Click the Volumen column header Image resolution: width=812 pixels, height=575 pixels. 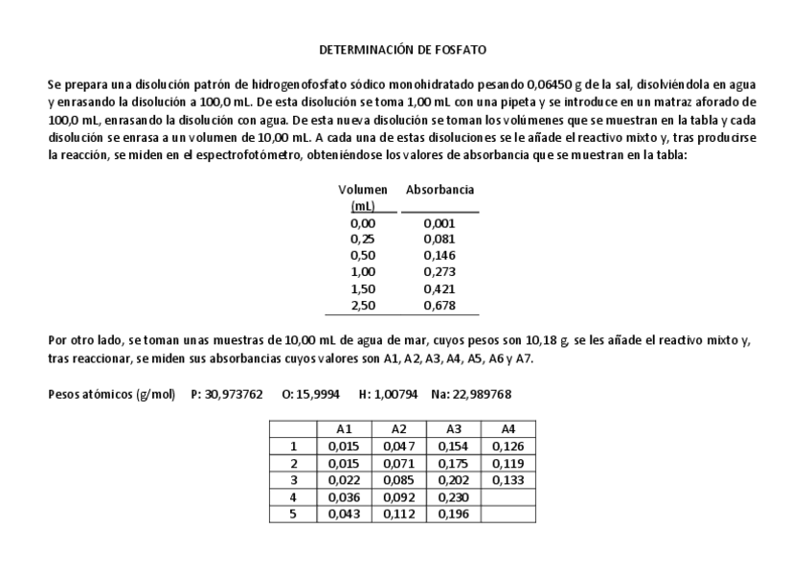pos(363,191)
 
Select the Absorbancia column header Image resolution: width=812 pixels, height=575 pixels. pos(440,191)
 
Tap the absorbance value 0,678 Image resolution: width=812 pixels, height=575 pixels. pos(439,307)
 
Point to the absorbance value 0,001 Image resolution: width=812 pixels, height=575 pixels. pos(439,224)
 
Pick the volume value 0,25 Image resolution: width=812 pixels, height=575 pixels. pos(363,239)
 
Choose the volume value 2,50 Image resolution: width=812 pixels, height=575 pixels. pos(363,307)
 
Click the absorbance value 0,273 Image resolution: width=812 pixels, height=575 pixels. pos(439,272)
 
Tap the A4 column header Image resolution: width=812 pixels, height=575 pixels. pos(508,429)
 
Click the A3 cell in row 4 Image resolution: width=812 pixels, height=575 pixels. pos(453,496)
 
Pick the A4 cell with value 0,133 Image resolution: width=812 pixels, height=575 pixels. pos(508,479)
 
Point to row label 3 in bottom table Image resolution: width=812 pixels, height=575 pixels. pos(295,479)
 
